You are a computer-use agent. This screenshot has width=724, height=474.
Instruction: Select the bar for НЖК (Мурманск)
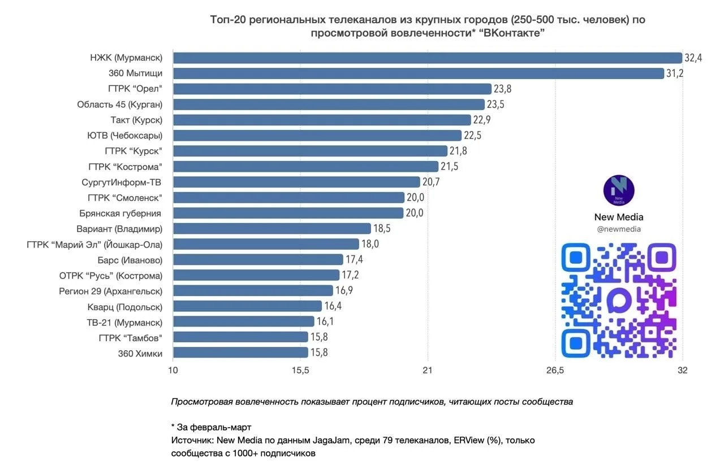tap(427, 58)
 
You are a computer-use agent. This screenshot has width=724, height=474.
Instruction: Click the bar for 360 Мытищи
tap(418, 73)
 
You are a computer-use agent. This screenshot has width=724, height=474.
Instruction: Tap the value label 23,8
tap(502, 89)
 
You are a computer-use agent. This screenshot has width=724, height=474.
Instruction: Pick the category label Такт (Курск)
tap(136, 120)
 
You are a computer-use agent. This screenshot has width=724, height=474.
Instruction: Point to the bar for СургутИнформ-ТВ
tap(296, 182)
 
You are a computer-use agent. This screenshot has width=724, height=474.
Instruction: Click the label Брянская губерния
tap(120, 213)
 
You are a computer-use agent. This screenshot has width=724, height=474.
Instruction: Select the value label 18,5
tap(382, 228)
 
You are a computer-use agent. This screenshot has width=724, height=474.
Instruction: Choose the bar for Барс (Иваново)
tap(258, 259)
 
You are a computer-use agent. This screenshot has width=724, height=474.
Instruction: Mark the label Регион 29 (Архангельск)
tap(110, 291)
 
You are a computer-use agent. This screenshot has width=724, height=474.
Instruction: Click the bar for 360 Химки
tap(240, 353)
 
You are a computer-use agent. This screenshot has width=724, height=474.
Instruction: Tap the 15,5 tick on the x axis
tap(300, 371)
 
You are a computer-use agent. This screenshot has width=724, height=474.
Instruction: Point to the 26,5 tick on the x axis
tap(555, 371)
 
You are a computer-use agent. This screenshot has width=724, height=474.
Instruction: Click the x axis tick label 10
tap(173, 371)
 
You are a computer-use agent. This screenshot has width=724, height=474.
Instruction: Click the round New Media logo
tap(619, 190)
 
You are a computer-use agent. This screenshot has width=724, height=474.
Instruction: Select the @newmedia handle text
tap(619, 229)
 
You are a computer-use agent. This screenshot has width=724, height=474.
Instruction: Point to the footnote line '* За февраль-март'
tap(210, 427)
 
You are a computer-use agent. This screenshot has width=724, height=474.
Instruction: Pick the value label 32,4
tap(693, 58)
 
